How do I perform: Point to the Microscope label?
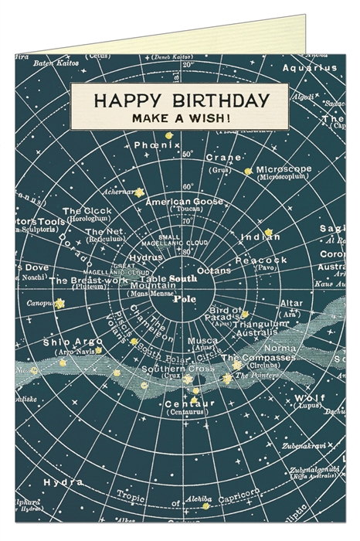(284, 168)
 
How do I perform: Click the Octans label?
(214, 270)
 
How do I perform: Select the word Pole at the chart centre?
(185, 298)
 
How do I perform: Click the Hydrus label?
(147, 260)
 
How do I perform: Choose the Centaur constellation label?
(185, 403)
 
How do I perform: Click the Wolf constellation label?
(326, 397)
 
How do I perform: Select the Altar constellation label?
(290, 304)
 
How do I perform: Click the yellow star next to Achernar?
(139, 192)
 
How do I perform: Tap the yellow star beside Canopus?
(59, 305)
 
